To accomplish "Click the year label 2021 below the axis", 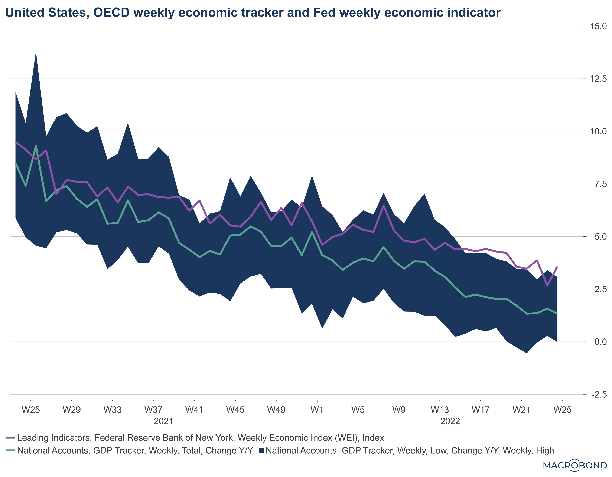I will (163, 421).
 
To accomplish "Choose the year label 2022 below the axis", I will (450, 421).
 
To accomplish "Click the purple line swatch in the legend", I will (10, 438).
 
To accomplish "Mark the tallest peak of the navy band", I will (36, 52).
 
